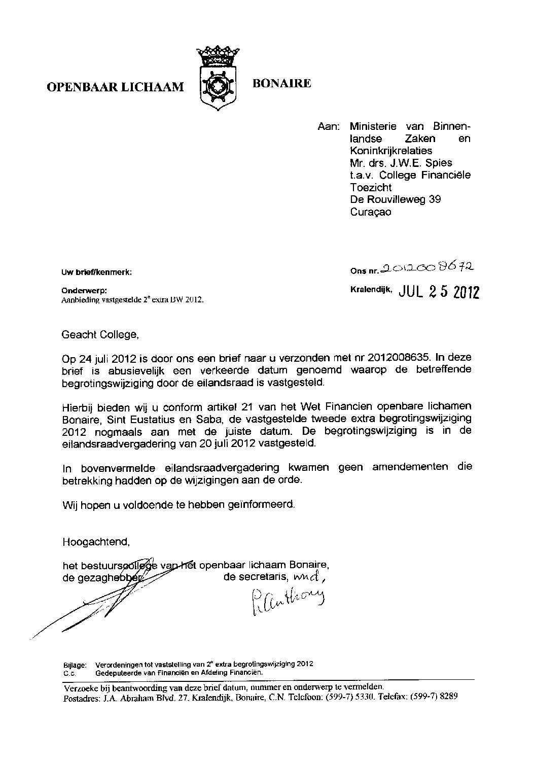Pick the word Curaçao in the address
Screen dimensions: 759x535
[370, 212]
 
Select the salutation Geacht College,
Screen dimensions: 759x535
[99, 335]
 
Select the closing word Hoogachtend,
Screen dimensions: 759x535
[96, 541]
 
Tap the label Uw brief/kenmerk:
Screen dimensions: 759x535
[96, 272]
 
